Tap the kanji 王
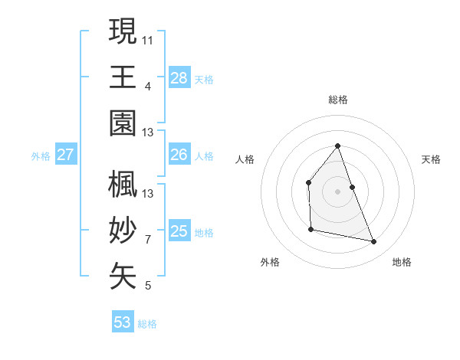[123, 77]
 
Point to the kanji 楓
[123, 185]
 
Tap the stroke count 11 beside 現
[148, 38]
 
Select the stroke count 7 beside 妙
[148, 239]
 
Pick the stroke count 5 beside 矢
[148, 286]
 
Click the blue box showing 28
[179, 77]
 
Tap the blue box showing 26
[179, 155]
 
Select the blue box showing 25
[179, 231]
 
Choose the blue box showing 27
[66, 155]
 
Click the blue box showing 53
[123, 322]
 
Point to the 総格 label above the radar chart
[337, 100]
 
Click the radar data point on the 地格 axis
[374, 242]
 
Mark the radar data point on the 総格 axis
[337, 146]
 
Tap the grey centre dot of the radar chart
[337, 191]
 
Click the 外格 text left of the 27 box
[41, 156]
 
